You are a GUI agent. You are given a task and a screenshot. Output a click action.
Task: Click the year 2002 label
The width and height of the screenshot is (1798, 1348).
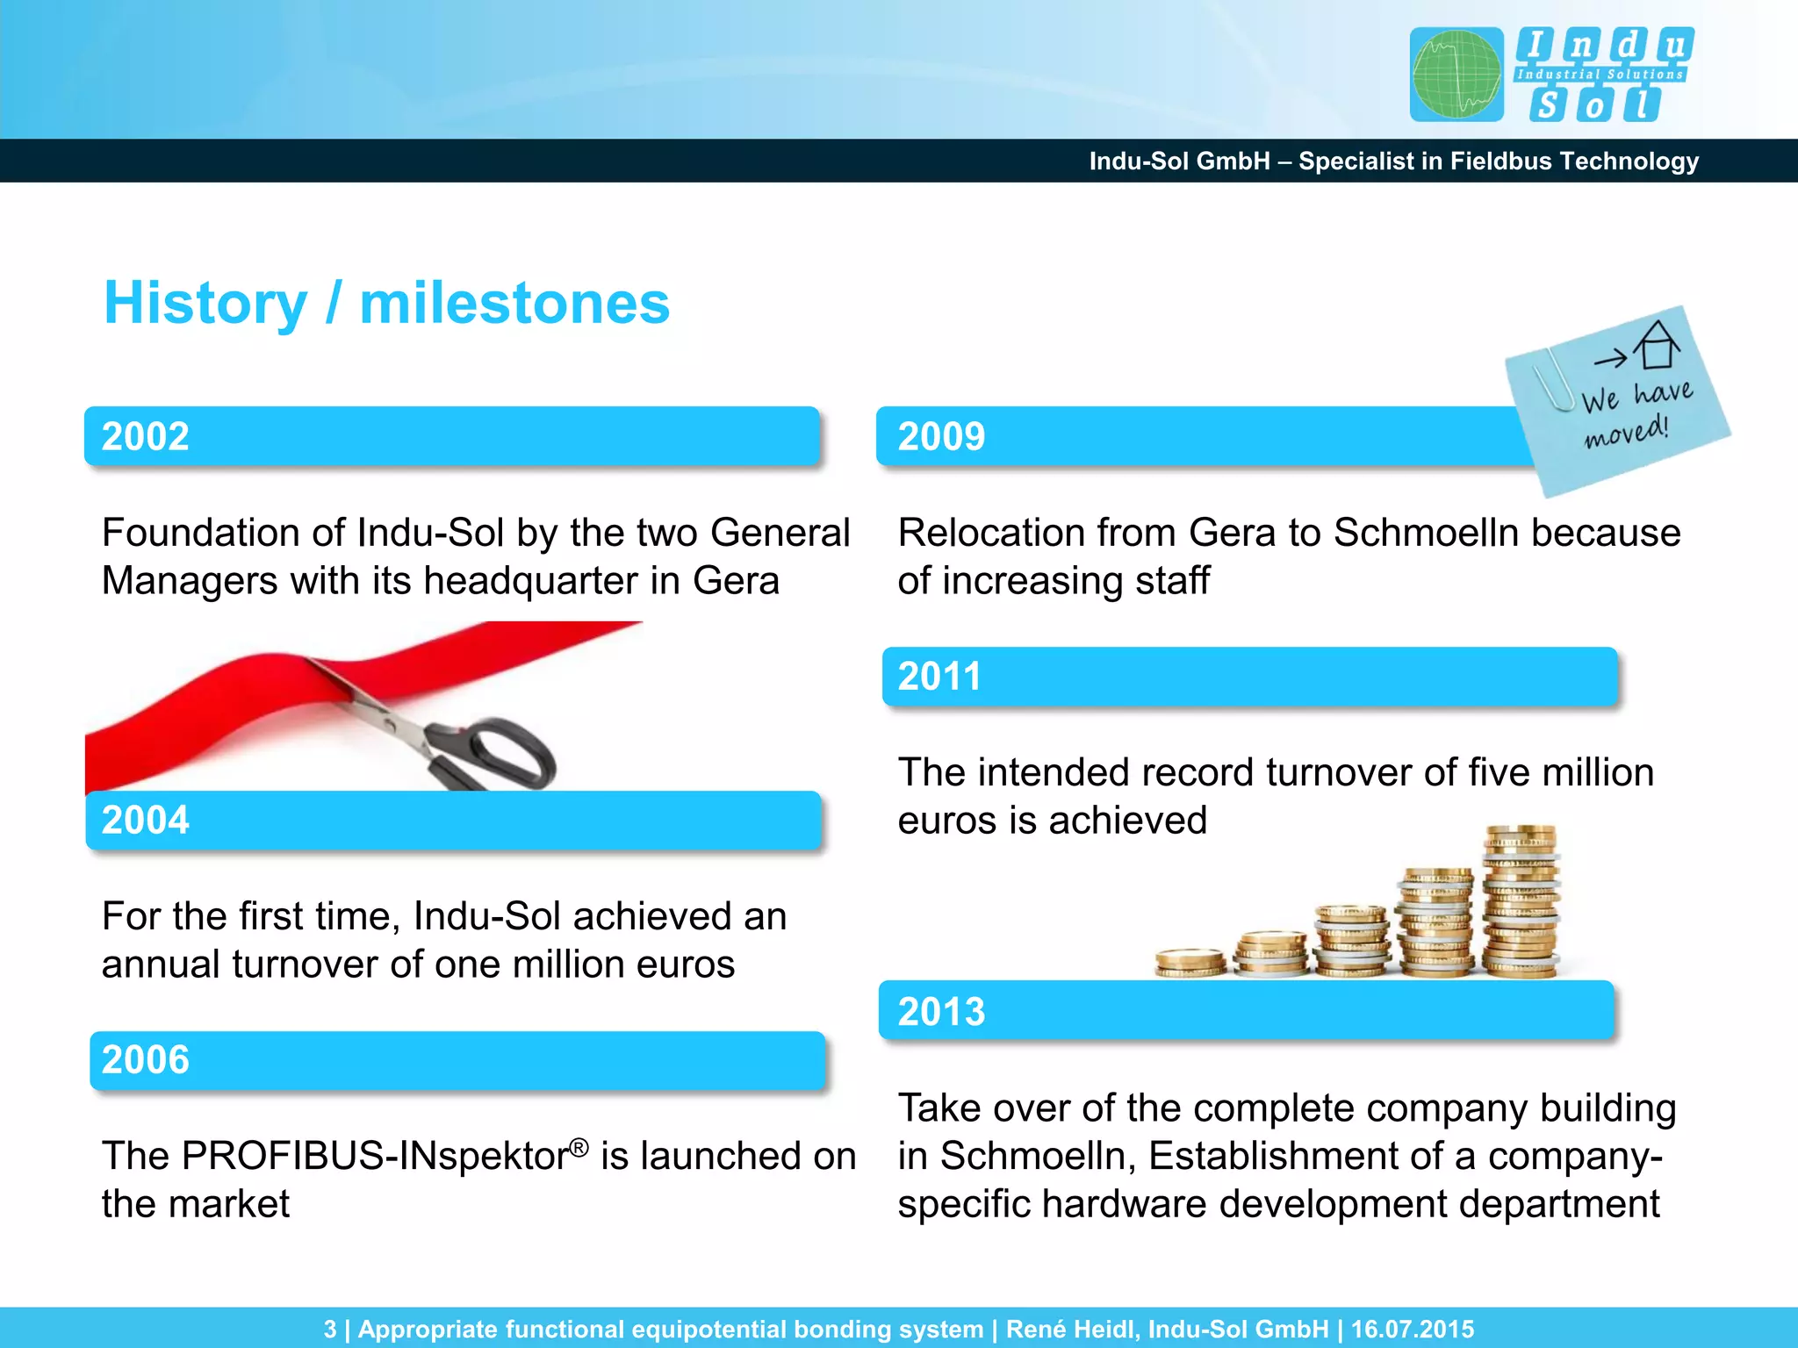(146, 436)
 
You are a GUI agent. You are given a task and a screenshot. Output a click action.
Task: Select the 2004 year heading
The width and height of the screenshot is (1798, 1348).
(146, 820)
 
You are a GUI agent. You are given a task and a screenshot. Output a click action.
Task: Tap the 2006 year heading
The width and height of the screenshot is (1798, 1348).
(146, 1059)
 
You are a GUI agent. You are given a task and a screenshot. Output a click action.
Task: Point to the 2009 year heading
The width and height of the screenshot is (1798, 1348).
(941, 436)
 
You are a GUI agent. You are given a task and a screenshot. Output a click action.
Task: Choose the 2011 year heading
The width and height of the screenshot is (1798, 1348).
(939, 676)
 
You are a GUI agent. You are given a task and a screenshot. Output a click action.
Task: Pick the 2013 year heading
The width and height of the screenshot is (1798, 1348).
(941, 1011)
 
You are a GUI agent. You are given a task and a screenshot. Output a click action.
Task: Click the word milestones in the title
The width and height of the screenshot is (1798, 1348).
(514, 304)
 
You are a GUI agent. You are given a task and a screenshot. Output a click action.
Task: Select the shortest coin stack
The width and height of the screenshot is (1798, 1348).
(1190, 963)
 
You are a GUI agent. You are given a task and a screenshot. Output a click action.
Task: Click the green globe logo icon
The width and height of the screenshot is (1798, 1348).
(1456, 75)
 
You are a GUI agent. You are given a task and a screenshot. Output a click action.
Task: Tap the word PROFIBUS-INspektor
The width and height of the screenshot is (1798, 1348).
(334, 1156)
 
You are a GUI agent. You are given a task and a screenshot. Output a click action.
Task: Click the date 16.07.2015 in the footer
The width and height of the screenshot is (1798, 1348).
(1412, 1329)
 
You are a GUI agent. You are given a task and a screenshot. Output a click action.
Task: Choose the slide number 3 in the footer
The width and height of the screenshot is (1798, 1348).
(330, 1329)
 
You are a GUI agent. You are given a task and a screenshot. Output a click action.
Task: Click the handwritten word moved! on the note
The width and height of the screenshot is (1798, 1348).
(1626, 432)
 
